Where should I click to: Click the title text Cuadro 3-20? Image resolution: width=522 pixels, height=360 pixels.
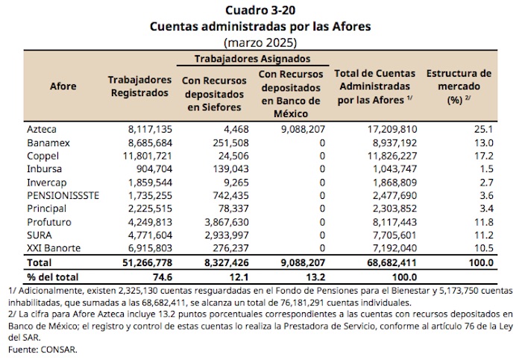coord(260,10)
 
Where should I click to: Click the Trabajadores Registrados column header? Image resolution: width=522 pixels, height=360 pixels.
coord(139,86)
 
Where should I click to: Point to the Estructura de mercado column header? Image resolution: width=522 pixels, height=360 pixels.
coord(458,86)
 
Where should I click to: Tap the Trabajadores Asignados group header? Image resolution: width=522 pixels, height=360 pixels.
coord(253,58)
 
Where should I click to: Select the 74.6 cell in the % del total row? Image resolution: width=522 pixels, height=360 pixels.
coord(151,277)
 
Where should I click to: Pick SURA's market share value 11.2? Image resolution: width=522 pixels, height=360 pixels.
coord(482,234)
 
